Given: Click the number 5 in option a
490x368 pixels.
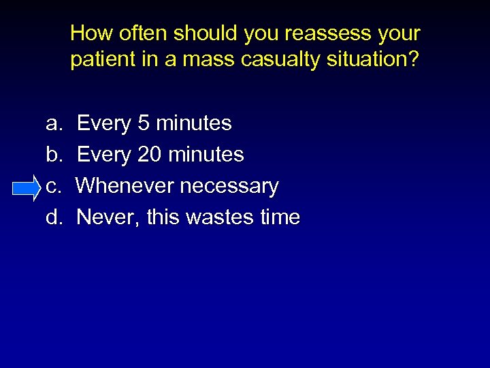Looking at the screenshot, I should coord(143,123).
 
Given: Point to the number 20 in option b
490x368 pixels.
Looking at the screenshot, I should coord(149,155).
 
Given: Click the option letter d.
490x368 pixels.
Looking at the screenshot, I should coord(52,217).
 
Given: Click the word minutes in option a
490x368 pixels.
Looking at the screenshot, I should coord(193,123).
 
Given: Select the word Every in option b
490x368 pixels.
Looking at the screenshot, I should coord(104,155).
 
